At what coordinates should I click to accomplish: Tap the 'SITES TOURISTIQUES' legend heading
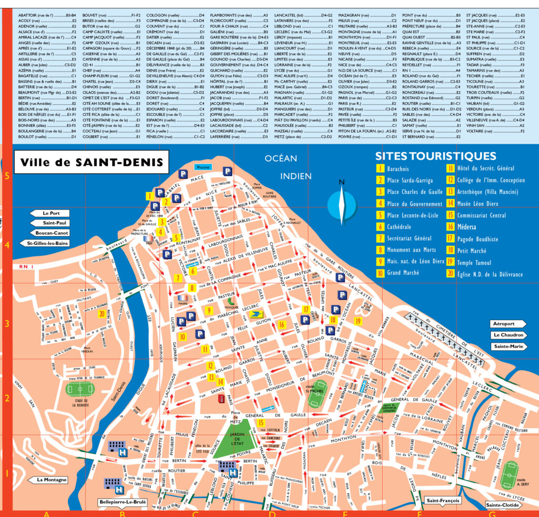[435, 156]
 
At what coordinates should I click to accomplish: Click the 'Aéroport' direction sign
[508, 324]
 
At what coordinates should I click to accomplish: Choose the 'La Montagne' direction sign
[52, 480]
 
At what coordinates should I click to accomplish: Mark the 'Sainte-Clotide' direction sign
[503, 505]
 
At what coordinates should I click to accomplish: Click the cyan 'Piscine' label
[203, 167]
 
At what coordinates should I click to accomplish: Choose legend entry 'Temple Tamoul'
[469, 262]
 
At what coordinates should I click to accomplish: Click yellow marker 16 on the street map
[282, 324]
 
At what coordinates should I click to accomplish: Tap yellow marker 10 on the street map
[182, 336]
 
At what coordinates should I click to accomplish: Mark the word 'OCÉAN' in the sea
[281, 158]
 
